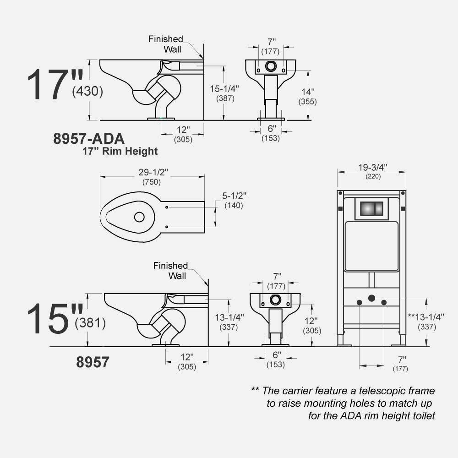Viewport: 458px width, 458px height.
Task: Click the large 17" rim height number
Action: (x=55, y=85)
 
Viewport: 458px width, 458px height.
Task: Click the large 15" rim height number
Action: (x=55, y=318)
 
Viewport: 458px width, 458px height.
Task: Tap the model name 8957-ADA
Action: (x=89, y=138)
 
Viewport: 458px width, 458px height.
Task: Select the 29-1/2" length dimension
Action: (x=153, y=172)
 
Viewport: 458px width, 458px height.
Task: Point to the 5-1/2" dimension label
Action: (x=234, y=196)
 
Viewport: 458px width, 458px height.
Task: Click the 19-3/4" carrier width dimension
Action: (x=373, y=167)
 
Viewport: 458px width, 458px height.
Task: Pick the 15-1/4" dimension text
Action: (x=224, y=88)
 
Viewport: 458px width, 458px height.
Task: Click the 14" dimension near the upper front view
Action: (x=308, y=92)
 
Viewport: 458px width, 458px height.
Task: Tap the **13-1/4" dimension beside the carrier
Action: (x=425, y=316)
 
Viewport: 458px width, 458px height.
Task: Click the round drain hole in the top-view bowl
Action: (x=139, y=217)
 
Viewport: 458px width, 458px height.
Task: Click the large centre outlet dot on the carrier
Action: (x=371, y=298)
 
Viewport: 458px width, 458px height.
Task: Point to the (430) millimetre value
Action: (x=87, y=91)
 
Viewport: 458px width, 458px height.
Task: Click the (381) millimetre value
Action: (x=90, y=323)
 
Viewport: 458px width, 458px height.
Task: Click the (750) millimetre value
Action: (x=152, y=182)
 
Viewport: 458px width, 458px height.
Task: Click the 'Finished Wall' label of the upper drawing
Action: (x=166, y=44)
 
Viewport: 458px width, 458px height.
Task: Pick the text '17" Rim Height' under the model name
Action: (x=120, y=151)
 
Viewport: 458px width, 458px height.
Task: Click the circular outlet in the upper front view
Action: (x=271, y=66)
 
